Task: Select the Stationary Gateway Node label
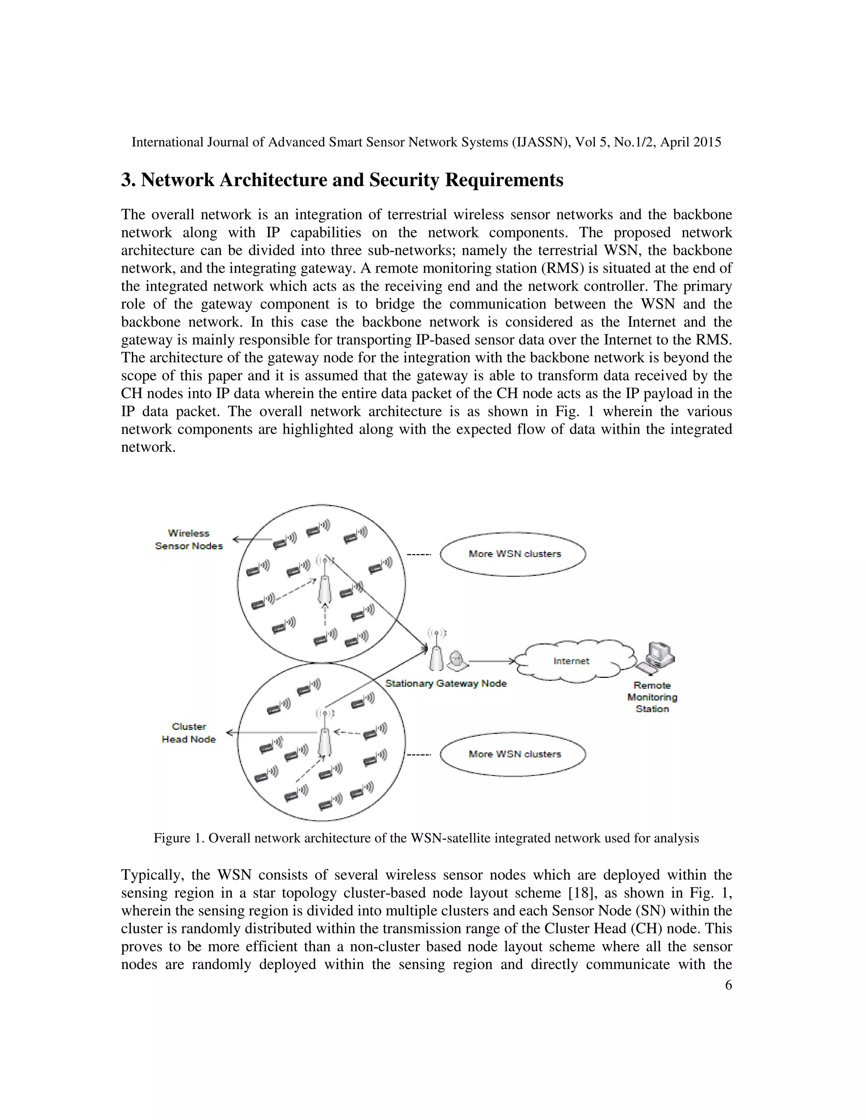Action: [446, 683]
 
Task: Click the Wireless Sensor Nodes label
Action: [189, 539]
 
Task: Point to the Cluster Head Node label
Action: [189, 733]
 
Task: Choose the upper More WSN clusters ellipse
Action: [513, 554]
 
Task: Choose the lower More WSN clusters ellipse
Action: [513, 754]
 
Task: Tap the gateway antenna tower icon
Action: [436, 654]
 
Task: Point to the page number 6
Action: [729, 985]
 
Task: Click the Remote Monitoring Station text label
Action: [652, 697]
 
